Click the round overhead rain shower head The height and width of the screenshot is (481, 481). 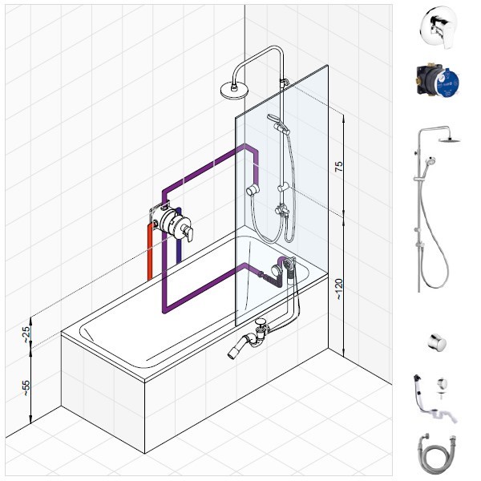click(233, 91)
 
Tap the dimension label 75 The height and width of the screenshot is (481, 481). click(338, 166)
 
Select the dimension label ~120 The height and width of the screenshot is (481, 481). click(338, 289)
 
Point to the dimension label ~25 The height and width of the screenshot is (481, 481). click(26, 334)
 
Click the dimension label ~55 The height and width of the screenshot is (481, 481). click(26, 388)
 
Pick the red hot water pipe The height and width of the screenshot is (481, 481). click(150, 252)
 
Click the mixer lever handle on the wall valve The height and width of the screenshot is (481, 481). click(188, 232)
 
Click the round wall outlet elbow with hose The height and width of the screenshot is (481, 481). click(253, 190)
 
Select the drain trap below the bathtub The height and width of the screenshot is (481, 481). click(249, 339)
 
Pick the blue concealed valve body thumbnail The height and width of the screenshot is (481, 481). click(438, 80)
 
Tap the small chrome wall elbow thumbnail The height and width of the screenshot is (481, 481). click(437, 342)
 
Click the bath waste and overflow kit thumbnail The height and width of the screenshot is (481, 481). click(435, 398)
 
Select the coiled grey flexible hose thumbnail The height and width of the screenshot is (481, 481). click(437, 454)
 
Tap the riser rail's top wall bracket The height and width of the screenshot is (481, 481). click(284, 83)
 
